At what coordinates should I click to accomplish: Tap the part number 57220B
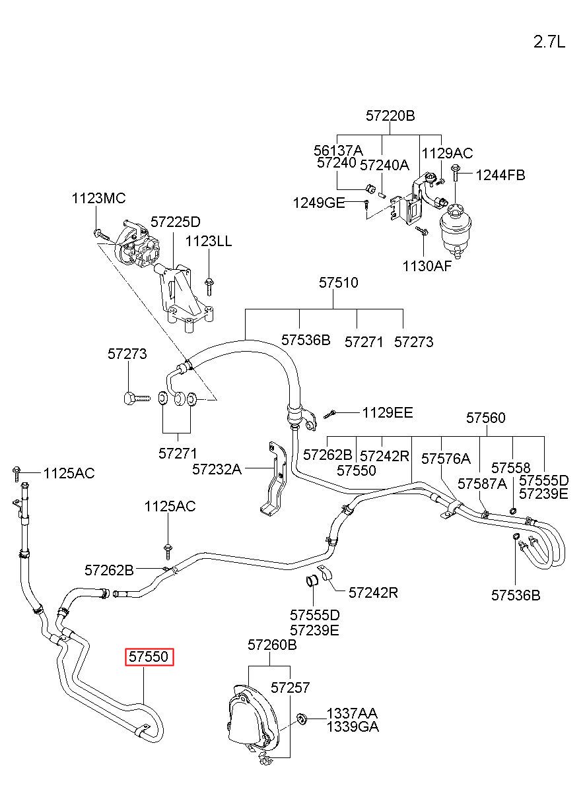390,115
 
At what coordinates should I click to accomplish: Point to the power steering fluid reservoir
455,230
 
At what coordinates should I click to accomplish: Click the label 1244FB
500,175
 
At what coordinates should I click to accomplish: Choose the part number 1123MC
98,198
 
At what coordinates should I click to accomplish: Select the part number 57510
338,282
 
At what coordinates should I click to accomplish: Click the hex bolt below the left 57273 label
137,398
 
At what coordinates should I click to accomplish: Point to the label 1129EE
388,413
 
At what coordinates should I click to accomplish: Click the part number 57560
485,418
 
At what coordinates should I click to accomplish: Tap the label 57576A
446,459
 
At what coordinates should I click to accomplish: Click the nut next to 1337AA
302,719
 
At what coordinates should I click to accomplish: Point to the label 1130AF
427,266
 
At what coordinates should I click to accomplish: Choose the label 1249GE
319,203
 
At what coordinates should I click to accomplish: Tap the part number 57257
290,687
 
